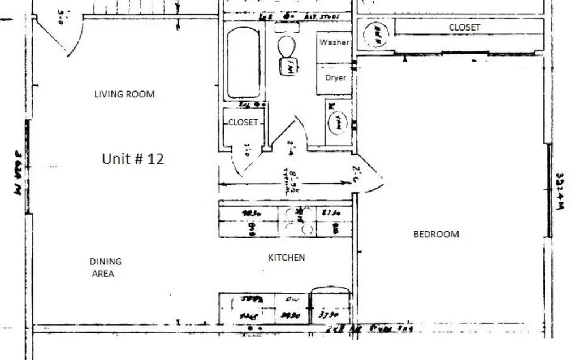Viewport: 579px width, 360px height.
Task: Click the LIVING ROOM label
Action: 124,94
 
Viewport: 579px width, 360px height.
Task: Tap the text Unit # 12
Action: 133,159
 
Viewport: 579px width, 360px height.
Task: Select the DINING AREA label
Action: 105,268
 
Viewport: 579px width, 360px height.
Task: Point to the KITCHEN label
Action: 286,258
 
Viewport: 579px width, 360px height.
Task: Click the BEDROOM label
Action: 436,234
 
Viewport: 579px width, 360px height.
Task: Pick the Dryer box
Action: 335,77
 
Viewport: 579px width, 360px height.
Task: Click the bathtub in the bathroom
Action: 244,63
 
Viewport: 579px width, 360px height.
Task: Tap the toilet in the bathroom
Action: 287,54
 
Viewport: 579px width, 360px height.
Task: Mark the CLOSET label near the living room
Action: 243,122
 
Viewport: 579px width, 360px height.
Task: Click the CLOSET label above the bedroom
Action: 464,27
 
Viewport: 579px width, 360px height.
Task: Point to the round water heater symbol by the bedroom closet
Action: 374,36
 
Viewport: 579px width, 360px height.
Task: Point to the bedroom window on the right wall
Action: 548,189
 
